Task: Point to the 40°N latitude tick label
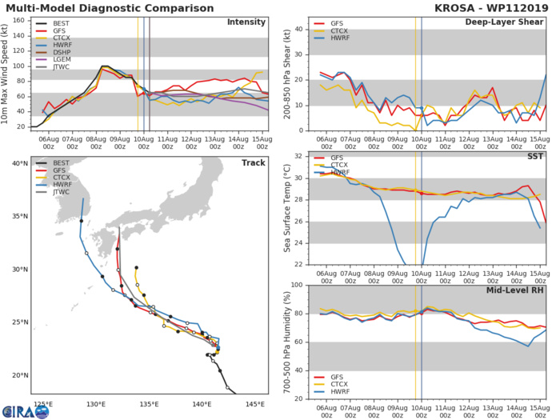click(x=18, y=164)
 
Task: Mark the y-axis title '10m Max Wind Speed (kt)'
click(x=7, y=76)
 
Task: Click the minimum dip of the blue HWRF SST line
click(x=406, y=264)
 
